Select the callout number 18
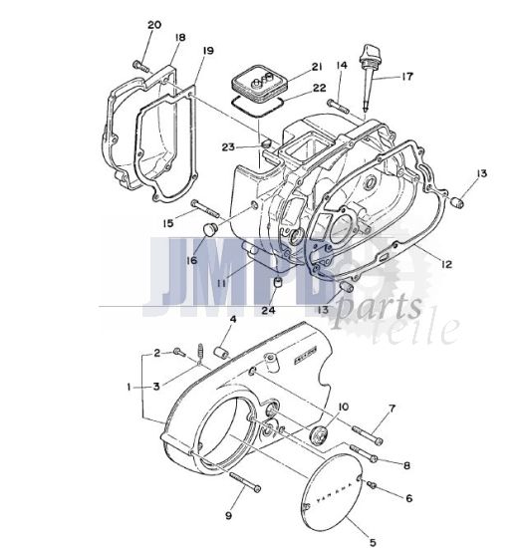pos(179,38)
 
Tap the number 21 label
pos(317,67)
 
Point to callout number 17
pos(406,77)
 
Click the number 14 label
pos(341,65)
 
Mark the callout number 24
pos(268,310)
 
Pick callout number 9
pos(228,515)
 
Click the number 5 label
pos(374,542)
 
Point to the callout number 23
pos(228,147)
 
